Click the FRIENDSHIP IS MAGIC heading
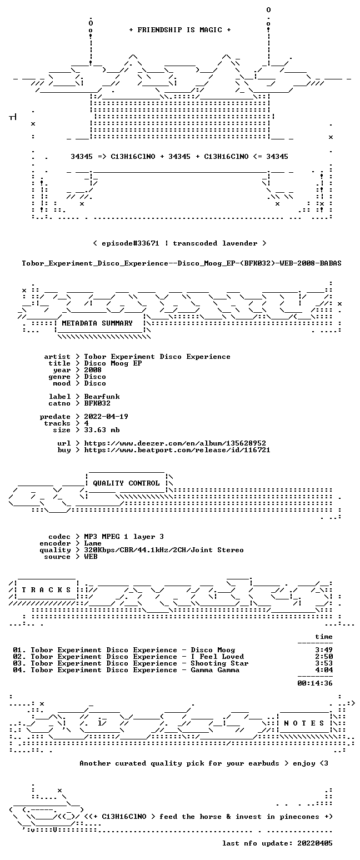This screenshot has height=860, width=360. [x=180, y=30]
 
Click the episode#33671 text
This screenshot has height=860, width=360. [x=130, y=243]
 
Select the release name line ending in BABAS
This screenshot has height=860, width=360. [x=182, y=263]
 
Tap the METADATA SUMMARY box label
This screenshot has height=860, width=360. [x=97, y=323]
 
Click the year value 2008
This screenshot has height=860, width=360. [x=93, y=370]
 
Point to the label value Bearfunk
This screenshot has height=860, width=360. [x=102, y=397]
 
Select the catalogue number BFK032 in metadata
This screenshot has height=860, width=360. [x=97, y=403]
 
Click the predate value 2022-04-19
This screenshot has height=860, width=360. [x=106, y=417]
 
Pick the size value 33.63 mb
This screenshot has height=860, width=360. [x=102, y=431]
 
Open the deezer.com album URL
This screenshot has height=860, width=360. [x=175, y=444]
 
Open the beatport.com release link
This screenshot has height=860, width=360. [x=177, y=451]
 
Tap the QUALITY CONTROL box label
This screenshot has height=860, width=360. [x=126, y=483]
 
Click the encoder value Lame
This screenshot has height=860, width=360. [x=93, y=544]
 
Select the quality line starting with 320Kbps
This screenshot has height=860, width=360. [x=164, y=550]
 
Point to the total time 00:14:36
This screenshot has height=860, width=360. [x=315, y=683]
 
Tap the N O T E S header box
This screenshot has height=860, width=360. [x=304, y=723]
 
